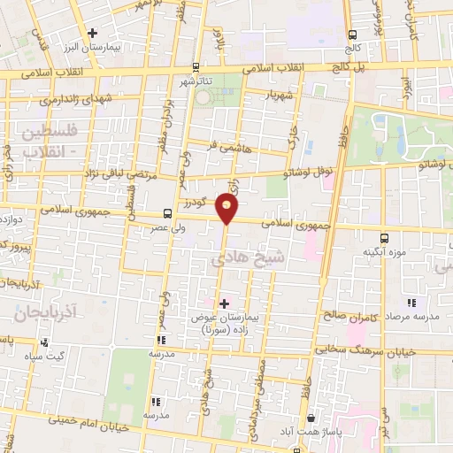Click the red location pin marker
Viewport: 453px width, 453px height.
227,209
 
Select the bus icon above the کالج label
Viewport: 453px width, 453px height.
353,33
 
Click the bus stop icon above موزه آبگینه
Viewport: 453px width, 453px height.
384,238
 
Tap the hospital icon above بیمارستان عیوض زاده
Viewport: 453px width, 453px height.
224,303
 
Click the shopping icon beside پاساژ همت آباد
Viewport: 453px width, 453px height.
310,417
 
